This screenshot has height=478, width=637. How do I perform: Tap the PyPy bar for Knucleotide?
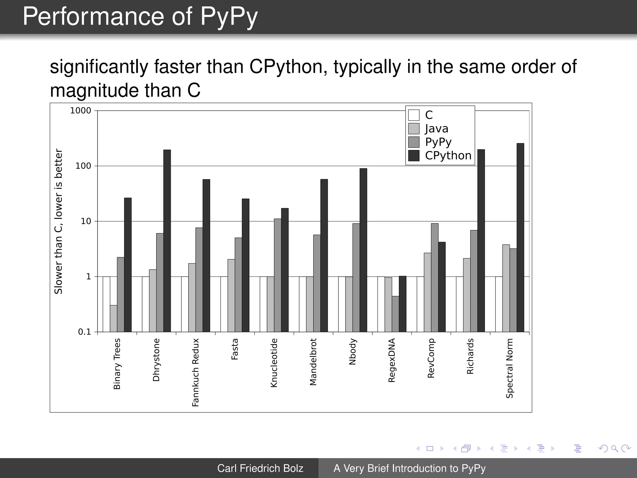pyautogui.click(x=277, y=275)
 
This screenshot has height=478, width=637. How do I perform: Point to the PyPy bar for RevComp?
pyautogui.click(x=435, y=278)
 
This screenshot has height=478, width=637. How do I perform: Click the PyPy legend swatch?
pyautogui.click(x=414, y=142)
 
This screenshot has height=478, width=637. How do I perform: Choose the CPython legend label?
pyautogui.click(x=448, y=156)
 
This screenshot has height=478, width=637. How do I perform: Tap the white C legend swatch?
pyautogui.click(x=414, y=115)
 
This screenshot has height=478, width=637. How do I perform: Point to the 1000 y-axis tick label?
pyautogui.click(x=81, y=111)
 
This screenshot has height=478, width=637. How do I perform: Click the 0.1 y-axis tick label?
pyautogui.click(x=84, y=332)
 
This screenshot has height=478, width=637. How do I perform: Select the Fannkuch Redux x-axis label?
pyautogui.click(x=195, y=373)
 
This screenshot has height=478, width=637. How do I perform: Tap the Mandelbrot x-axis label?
pyautogui.click(x=313, y=362)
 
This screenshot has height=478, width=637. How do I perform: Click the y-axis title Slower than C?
pyautogui.click(x=58, y=221)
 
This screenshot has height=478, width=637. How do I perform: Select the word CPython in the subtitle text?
pyautogui.click(x=288, y=67)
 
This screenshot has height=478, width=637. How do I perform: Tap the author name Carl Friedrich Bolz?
pyautogui.click(x=260, y=468)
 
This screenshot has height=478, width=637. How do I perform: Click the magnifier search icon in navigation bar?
pyautogui.click(x=614, y=448)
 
